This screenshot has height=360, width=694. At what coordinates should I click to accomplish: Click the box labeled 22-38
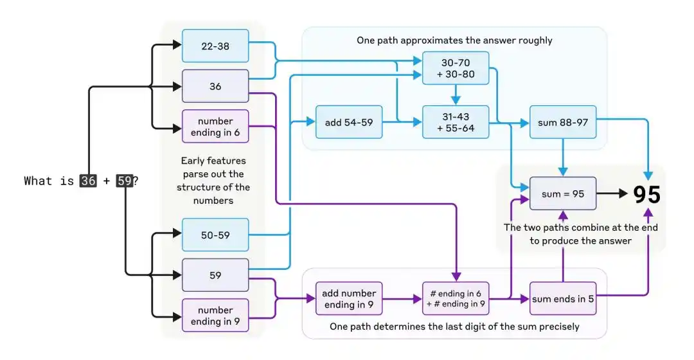tap(215, 46)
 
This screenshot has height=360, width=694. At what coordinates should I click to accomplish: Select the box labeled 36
tap(215, 86)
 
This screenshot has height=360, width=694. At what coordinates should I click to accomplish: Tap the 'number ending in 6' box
tap(215, 127)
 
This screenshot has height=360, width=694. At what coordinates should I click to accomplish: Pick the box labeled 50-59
tap(215, 235)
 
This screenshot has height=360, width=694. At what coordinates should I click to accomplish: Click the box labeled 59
tap(215, 275)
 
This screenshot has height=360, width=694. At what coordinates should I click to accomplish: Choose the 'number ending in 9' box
tap(215, 316)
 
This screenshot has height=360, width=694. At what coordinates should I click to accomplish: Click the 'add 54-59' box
tap(349, 122)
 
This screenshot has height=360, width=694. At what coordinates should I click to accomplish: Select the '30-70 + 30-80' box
tap(456, 68)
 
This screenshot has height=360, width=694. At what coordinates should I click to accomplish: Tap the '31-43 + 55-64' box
tap(456, 122)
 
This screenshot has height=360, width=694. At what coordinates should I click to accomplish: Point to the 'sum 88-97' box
tap(562, 122)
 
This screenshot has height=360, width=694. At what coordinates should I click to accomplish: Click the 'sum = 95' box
tap(562, 194)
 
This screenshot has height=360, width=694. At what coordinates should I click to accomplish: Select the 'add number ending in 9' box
tap(349, 299)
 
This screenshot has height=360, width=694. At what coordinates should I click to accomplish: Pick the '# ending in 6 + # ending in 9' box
tap(456, 299)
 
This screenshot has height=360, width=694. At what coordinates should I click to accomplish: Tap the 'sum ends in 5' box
tap(562, 299)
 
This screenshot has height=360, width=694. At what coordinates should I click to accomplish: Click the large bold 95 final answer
tap(646, 194)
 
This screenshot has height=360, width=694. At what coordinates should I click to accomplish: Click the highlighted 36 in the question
tap(88, 181)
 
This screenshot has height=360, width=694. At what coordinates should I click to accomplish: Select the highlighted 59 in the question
tap(125, 181)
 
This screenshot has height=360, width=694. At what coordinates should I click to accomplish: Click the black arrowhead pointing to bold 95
tap(623, 194)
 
